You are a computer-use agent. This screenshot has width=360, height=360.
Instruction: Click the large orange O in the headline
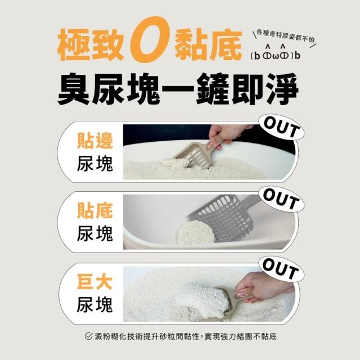pyautogui.click(x=150, y=39)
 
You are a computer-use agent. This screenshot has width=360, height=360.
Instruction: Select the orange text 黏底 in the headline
pyautogui.click(x=208, y=44)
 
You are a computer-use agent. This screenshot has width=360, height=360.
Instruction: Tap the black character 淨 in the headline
pyautogui.click(x=282, y=89)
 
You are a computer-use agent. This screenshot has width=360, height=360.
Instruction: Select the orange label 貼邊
pyautogui.click(x=94, y=141)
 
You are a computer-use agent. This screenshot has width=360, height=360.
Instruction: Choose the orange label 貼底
pyautogui.click(x=94, y=210)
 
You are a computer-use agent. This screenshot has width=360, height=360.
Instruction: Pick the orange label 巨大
pyautogui.click(x=94, y=282)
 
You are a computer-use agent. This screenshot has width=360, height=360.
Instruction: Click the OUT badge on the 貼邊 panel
pyautogui.click(x=281, y=128)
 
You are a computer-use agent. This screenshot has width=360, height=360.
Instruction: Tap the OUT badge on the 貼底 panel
pyautogui.click(x=281, y=199)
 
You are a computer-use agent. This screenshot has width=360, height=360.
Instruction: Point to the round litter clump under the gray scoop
pyautogui.click(x=196, y=232)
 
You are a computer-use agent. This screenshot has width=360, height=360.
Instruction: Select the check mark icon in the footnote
pyautogui.click(x=88, y=336)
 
